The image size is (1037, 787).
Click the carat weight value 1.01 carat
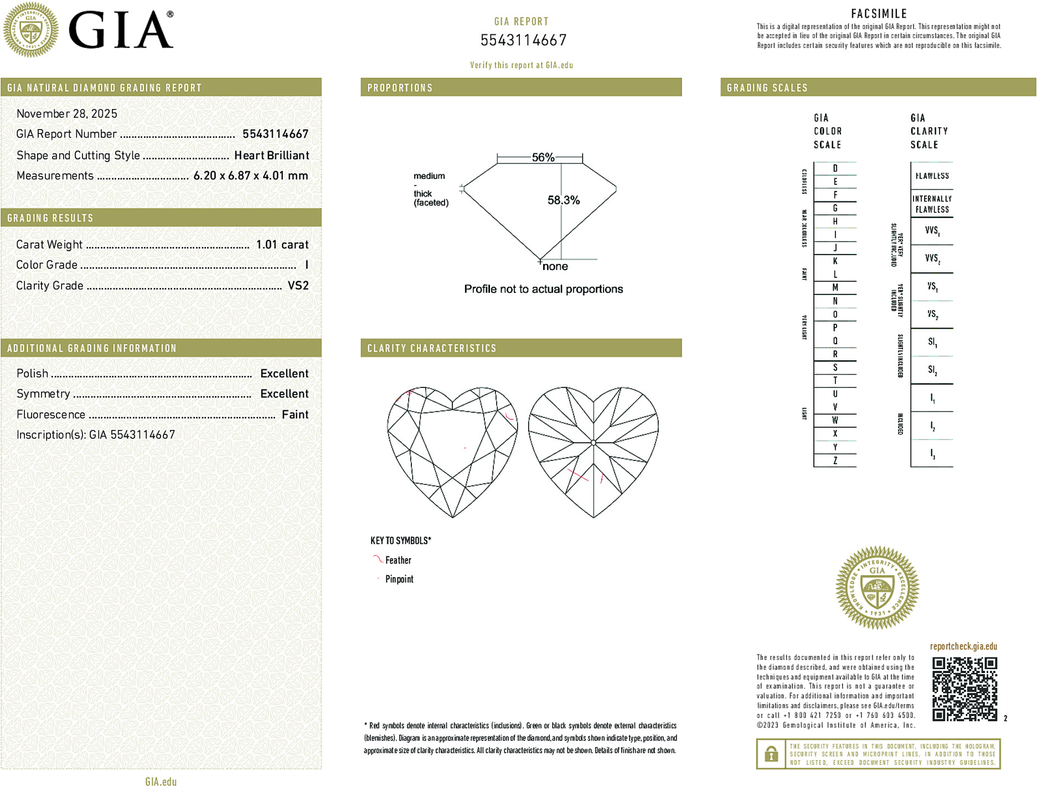tap(282, 245)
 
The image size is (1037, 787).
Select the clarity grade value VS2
tap(298, 286)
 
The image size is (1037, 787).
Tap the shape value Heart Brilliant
tap(271, 156)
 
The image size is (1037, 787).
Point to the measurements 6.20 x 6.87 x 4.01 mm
tap(250, 176)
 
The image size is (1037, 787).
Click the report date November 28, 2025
tap(67, 114)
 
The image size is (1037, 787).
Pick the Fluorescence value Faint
tap(295, 415)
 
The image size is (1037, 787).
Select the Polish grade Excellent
tap(284, 374)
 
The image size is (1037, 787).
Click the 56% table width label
tap(543, 157)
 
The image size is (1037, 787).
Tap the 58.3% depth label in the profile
tap(564, 200)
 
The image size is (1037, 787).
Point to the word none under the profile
tap(555, 267)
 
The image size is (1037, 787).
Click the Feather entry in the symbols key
tap(398, 560)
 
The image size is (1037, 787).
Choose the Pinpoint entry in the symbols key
tap(399, 579)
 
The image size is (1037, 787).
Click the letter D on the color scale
tap(835, 168)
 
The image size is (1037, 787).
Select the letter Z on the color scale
tap(835, 460)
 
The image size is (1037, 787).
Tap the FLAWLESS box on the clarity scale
tap(932, 176)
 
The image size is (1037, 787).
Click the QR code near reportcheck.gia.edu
tap(964, 689)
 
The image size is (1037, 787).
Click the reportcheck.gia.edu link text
tap(963, 646)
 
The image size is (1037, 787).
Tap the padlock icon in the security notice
tap(771, 754)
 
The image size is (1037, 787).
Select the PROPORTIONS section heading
tap(400, 88)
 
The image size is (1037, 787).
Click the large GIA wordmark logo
tap(121, 30)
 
